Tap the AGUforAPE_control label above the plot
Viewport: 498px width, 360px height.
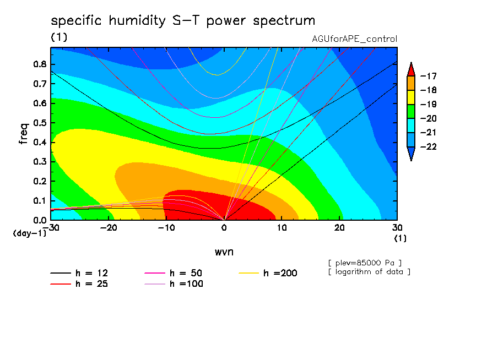pyautogui.click(x=354, y=39)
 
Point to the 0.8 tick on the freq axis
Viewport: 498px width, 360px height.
pyautogui.click(x=40, y=64)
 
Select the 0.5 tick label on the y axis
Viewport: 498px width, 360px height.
pyautogui.click(x=40, y=123)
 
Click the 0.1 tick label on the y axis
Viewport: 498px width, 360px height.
pyautogui.click(x=40, y=201)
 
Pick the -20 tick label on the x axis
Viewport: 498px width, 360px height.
pyautogui.click(x=109, y=228)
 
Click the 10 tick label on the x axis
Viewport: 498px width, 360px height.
pyautogui.click(x=282, y=228)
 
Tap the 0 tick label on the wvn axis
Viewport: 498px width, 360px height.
pyautogui.click(x=224, y=228)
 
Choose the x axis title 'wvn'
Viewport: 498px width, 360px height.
pyautogui.click(x=224, y=252)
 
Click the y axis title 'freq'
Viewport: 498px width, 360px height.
pyautogui.click(x=24, y=134)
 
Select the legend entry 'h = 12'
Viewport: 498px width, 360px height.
pyautogui.click(x=79, y=273)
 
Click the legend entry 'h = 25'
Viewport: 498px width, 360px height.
pyautogui.click(x=79, y=284)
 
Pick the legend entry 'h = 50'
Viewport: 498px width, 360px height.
pyautogui.click(x=174, y=273)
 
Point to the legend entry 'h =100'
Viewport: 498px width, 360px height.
pyautogui.click(x=174, y=284)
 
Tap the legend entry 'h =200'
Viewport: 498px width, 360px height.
pyautogui.click(x=268, y=273)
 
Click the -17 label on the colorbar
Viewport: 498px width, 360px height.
pyautogui.click(x=429, y=76)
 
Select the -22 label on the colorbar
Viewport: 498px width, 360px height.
pyautogui.click(x=429, y=146)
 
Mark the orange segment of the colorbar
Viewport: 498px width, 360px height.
pyautogui.click(x=411, y=83)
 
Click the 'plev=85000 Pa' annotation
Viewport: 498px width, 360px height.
pyautogui.click(x=365, y=263)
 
